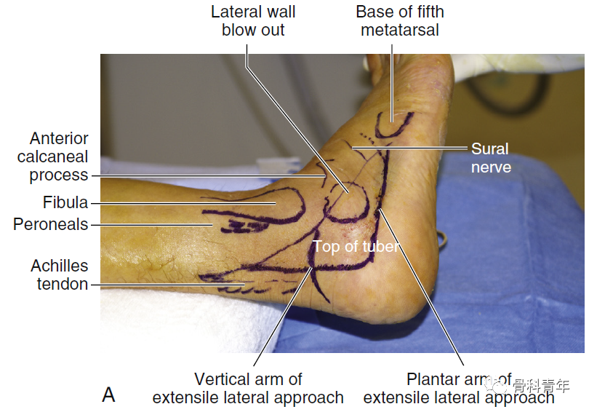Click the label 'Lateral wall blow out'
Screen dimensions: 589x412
point(253,21)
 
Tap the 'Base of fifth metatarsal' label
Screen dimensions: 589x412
point(399,21)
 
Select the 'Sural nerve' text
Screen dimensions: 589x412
point(490,158)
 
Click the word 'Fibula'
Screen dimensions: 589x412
point(65,202)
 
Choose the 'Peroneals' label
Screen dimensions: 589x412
point(50,225)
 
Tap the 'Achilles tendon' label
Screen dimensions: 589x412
point(59,275)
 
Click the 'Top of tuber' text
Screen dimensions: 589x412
point(356,247)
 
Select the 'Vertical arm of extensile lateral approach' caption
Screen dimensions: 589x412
point(247,389)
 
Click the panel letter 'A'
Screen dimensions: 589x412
point(108,395)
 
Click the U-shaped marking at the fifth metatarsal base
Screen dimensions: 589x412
point(396,128)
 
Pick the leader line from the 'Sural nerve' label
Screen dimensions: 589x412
point(414,148)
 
